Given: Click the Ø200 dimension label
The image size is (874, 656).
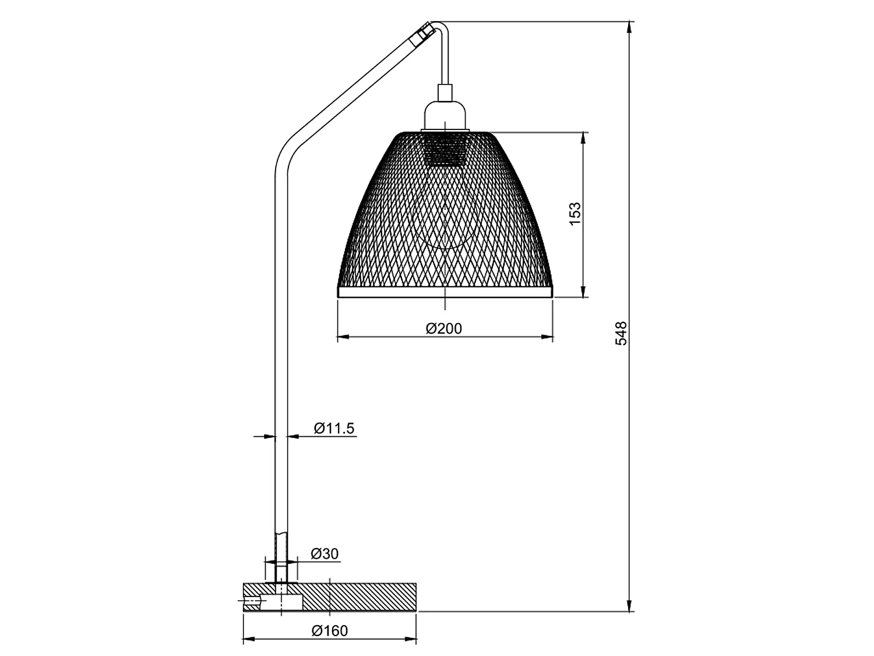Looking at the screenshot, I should [444, 329].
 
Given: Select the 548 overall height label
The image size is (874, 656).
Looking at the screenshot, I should [621, 333].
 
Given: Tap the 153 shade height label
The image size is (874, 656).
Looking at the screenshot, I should [575, 214].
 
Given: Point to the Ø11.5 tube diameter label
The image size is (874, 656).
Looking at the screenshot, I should [334, 429].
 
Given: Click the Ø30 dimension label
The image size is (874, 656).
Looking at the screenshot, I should [325, 553].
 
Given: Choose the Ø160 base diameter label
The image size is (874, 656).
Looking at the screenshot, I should [329, 631].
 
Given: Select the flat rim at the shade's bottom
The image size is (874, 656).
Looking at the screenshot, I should [445, 292].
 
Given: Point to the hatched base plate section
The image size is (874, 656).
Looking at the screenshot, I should [361, 597].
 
